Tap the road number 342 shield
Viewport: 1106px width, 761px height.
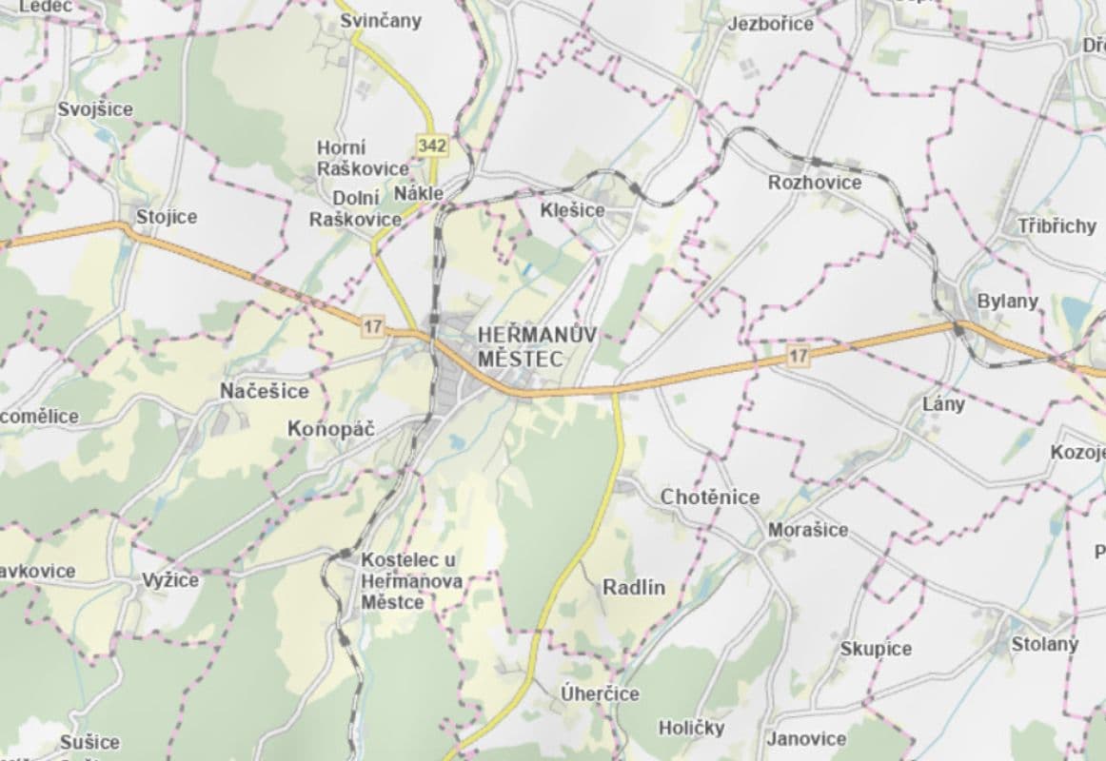[x=431, y=146]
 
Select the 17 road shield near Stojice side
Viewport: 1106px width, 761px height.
[x=372, y=326]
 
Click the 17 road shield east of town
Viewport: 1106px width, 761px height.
[x=798, y=356]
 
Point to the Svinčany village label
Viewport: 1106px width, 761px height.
[x=381, y=21]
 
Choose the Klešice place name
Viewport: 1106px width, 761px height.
[x=572, y=209]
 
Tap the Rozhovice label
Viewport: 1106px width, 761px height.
[x=815, y=183]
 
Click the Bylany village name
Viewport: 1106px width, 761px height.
[x=1008, y=301]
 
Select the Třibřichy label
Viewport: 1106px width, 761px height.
[x=1057, y=226]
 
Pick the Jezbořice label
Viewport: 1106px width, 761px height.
[x=771, y=24]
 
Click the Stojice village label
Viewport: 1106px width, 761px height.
[x=167, y=217]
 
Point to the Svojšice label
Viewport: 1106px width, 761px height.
[x=95, y=109]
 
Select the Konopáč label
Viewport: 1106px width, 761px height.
[x=331, y=430]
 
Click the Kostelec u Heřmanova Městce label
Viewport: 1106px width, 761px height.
[x=411, y=581]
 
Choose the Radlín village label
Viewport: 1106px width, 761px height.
[x=634, y=588]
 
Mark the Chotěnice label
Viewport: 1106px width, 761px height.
[x=710, y=497]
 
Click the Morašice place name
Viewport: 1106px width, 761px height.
[x=807, y=530]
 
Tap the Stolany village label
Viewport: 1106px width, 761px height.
[x=1044, y=644]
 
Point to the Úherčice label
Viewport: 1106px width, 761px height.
[x=600, y=693]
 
